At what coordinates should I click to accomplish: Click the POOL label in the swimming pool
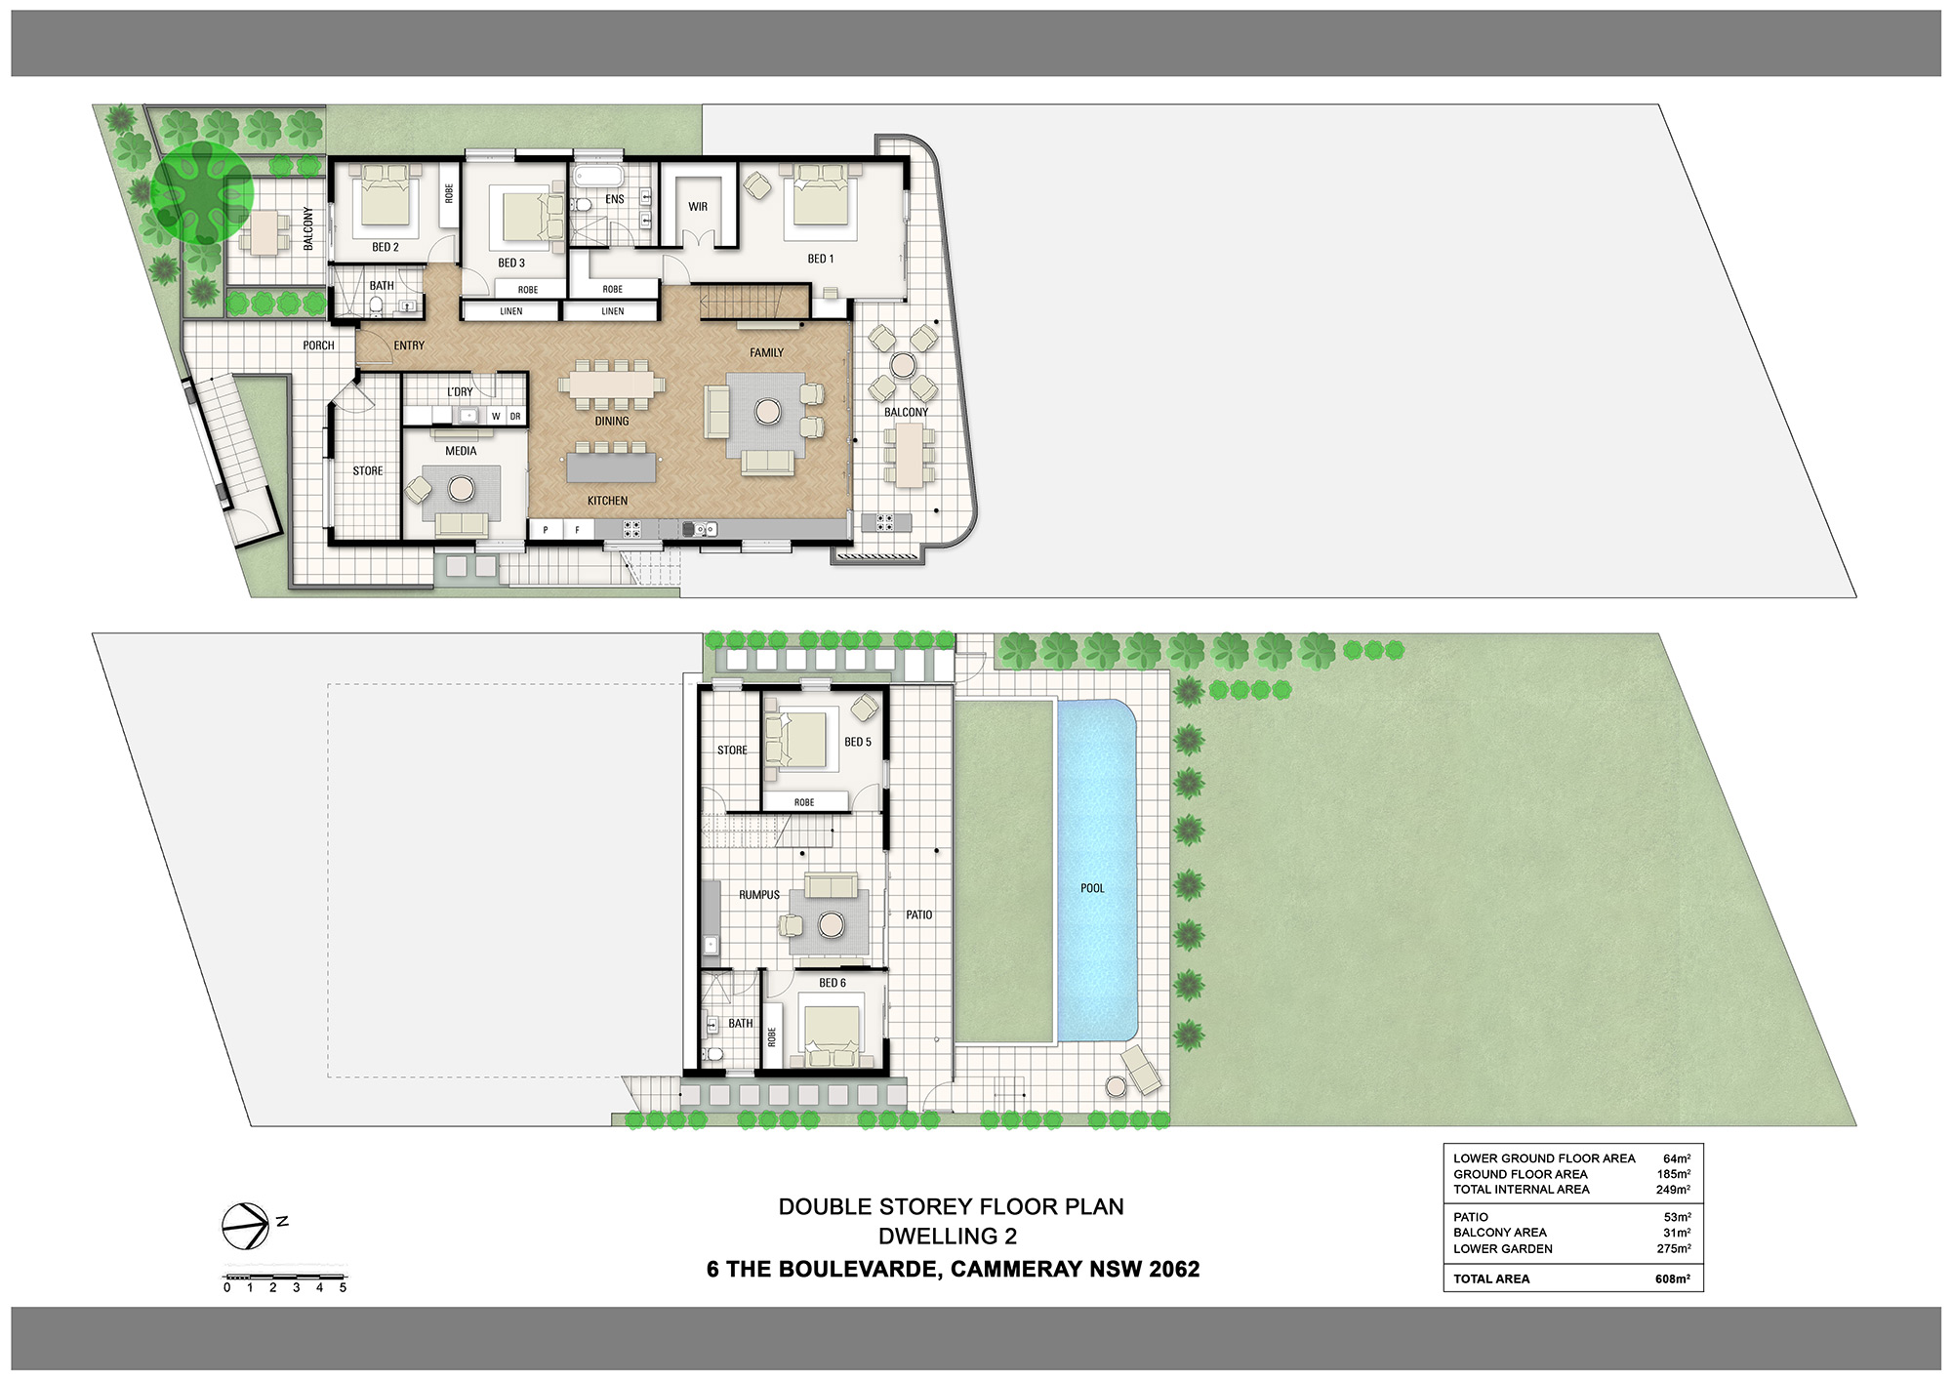[x=1092, y=888]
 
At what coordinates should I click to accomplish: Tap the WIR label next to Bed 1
[x=698, y=207]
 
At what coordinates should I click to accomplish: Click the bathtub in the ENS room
[x=598, y=177]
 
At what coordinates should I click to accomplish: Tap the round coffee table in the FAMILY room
[x=768, y=412]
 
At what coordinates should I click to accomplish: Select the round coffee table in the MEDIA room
[x=461, y=486]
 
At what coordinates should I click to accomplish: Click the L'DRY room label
[x=460, y=391]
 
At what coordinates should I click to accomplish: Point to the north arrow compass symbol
[x=245, y=1226]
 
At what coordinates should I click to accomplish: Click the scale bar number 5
[x=343, y=1288]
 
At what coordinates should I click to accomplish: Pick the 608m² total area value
[x=1672, y=1279]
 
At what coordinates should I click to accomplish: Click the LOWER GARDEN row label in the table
[x=1502, y=1248]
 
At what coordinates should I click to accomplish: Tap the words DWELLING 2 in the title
[x=947, y=1237]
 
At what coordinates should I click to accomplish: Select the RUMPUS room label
[x=758, y=895]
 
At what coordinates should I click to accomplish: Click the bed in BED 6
[x=832, y=1032]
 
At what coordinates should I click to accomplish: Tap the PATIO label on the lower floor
[x=918, y=914]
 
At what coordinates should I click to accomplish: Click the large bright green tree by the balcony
[x=203, y=192]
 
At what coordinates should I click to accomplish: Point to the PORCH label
[x=318, y=345]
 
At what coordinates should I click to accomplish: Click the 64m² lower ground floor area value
[x=1676, y=1158]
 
